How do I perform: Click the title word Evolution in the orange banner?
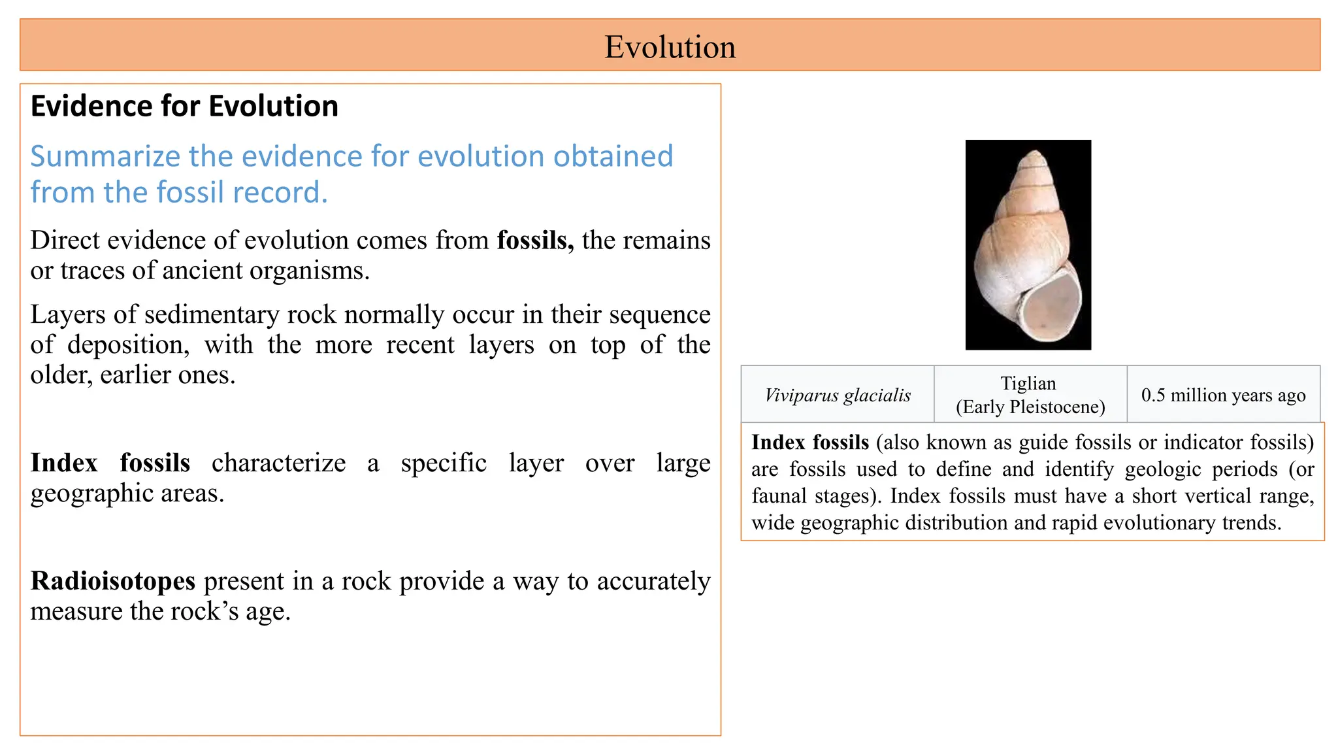click(670, 47)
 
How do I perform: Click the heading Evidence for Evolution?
click(184, 106)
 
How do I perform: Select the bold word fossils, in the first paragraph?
click(535, 241)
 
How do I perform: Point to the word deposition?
click(129, 345)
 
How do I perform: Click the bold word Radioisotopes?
click(113, 581)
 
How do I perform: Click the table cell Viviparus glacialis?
click(838, 395)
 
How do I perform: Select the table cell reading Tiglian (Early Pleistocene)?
click(1030, 395)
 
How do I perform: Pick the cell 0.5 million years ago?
click(1223, 395)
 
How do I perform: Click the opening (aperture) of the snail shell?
click(1050, 309)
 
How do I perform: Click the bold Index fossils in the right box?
click(810, 443)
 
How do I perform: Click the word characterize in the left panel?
click(279, 463)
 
